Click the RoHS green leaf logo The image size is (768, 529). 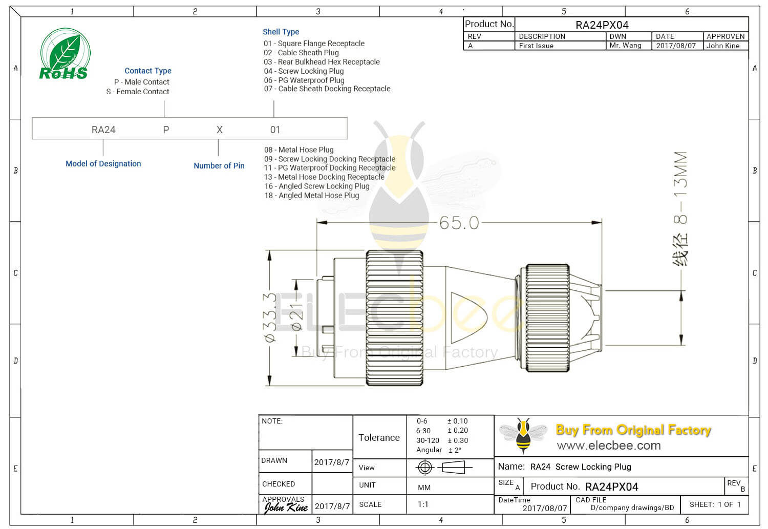click(65, 54)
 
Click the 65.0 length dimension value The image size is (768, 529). click(459, 223)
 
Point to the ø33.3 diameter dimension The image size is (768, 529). click(270, 317)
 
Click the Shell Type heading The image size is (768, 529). click(281, 32)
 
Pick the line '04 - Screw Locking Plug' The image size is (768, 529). click(304, 71)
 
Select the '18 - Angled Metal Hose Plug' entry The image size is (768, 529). click(312, 196)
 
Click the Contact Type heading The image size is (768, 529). click(148, 71)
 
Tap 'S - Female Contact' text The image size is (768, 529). click(138, 92)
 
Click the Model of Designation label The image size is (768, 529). click(103, 164)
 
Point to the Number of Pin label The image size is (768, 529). click(219, 166)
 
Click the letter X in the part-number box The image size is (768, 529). click(220, 130)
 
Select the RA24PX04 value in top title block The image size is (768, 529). click(602, 25)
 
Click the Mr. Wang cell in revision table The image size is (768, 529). click(625, 46)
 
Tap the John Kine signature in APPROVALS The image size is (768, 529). click(286, 507)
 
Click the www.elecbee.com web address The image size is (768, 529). click(609, 446)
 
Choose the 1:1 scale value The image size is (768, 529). click(423, 504)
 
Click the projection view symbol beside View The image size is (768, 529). click(442, 467)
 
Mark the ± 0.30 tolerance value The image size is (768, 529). click(458, 440)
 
